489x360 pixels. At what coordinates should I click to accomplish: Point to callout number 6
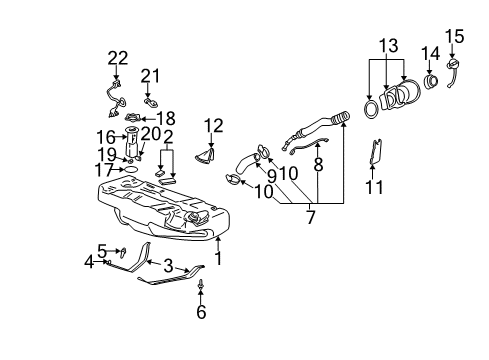click(x=89, y=262)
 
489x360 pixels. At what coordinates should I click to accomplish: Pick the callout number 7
click(x=202, y=311)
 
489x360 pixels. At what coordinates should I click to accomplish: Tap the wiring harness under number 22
click(x=115, y=95)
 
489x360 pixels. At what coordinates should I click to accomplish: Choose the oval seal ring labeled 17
click(x=128, y=171)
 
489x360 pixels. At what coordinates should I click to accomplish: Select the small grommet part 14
click(x=433, y=79)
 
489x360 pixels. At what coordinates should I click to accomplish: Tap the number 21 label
click(x=150, y=75)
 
